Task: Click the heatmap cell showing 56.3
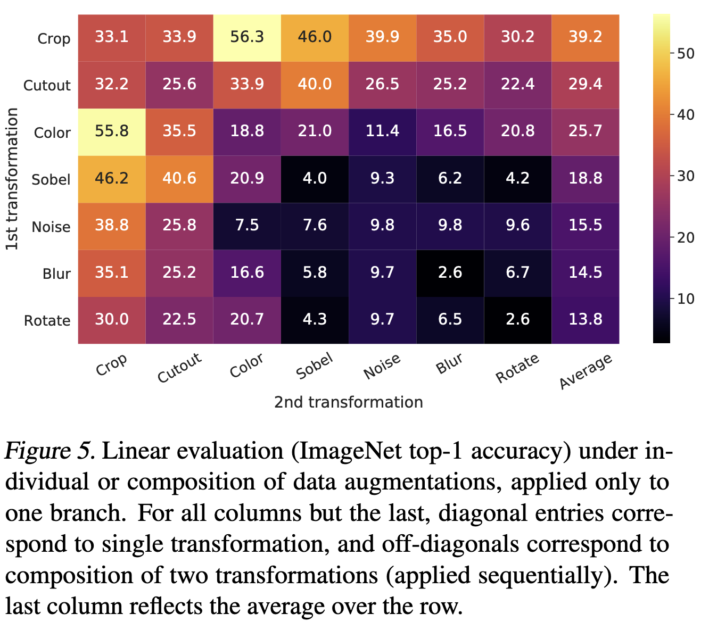pyautogui.click(x=247, y=38)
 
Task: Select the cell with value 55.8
pyautogui.click(x=112, y=132)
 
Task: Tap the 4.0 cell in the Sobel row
pyautogui.click(x=315, y=179)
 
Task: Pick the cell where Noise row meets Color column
pyautogui.click(x=247, y=226)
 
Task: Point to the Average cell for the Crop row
pyautogui.click(x=585, y=38)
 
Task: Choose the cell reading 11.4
pyautogui.click(x=382, y=132)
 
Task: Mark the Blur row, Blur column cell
pyautogui.click(x=450, y=273)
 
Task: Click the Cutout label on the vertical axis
pyautogui.click(x=47, y=86)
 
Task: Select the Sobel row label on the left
pyautogui.click(x=51, y=180)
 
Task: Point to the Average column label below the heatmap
pyautogui.click(x=586, y=371)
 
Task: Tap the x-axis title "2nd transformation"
pyautogui.click(x=349, y=402)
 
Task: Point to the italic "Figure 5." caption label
pyautogui.click(x=51, y=452)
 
